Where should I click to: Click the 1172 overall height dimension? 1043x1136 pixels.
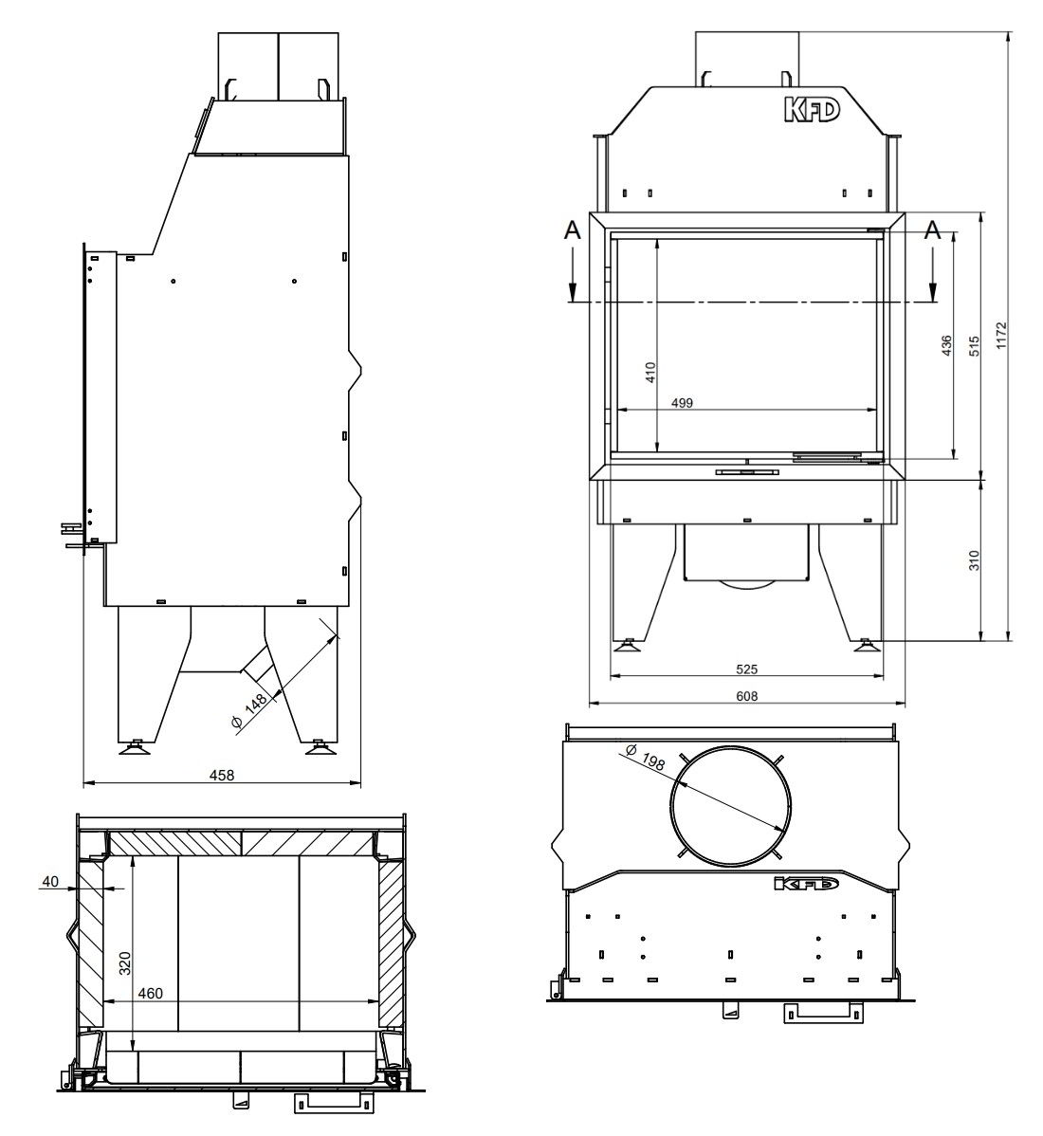(1000, 336)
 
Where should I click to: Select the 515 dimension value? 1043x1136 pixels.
(974, 345)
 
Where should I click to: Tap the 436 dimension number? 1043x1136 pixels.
(946, 345)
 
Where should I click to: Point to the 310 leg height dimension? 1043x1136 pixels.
(974, 560)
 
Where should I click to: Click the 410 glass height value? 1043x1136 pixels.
(650, 373)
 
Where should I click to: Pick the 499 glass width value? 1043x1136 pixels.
(682, 403)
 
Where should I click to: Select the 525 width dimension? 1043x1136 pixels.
(746, 669)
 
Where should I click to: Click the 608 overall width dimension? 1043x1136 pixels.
(747, 696)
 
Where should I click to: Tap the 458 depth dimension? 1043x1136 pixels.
(222, 776)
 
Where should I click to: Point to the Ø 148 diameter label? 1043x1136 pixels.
(248, 712)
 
